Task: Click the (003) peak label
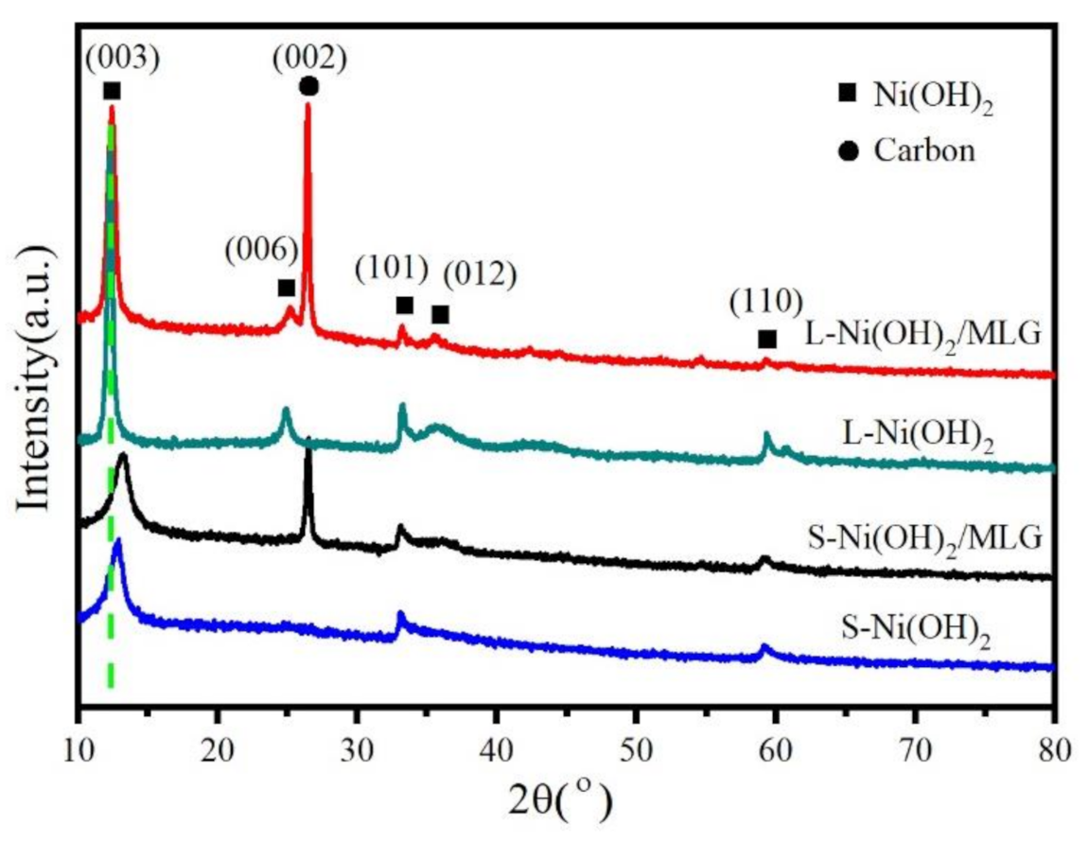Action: (121, 59)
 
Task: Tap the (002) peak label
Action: (309, 58)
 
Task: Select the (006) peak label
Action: (261, 250)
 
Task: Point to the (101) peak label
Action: (393, 268)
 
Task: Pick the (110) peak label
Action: (766, 301)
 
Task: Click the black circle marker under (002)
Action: (308, 87)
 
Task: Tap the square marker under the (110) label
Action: (766, 339)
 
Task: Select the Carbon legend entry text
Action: (924, 149)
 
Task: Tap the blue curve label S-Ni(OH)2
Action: (922, 628)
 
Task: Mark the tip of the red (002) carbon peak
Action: (307, 104)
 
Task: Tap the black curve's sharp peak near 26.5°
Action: (308, 438)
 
